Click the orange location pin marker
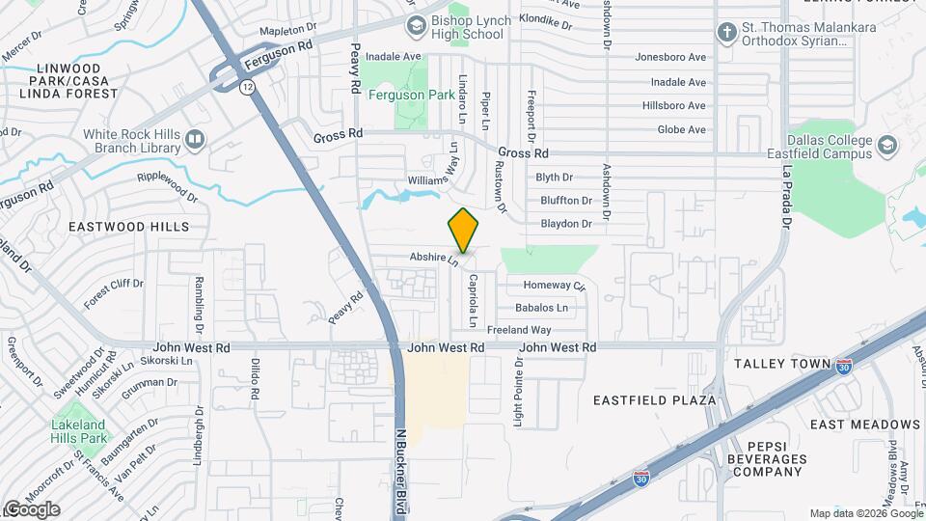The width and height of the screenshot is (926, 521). pos(464,231)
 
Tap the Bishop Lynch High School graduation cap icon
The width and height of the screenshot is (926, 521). pos(417,24)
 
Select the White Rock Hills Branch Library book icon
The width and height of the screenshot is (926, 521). pos(195,141)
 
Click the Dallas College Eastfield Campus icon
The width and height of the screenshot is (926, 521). pos(886,147)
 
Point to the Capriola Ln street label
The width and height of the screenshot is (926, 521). pos(474,297)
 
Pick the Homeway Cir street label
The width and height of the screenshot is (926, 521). pos(554,286)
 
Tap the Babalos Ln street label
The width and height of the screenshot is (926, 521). pos(542,308)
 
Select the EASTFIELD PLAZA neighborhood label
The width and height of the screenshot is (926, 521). pos(654,400)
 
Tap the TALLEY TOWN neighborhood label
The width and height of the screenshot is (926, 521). pos(782,364)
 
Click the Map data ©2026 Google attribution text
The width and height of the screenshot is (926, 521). pos(864,513)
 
